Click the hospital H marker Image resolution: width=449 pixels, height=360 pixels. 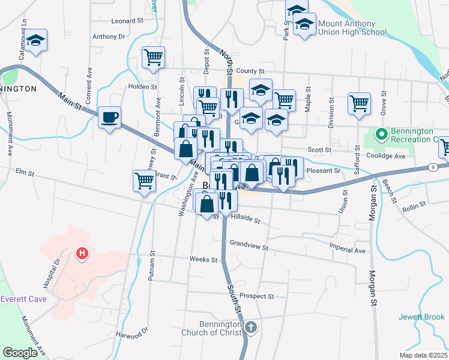pos(82,254)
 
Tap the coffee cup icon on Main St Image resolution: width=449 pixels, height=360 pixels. pos(110,117)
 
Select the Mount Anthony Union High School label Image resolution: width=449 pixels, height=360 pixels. pos(345,28)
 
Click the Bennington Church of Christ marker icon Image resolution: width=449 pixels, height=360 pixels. pos(251,327)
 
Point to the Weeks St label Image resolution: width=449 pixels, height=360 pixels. pos(203,260)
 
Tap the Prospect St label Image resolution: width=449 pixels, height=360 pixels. pos(256,296)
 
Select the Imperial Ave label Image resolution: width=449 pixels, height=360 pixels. pos(347,250)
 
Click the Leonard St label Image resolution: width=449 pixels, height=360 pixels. pos(127,20)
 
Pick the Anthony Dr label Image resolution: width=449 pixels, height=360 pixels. pos(109,37)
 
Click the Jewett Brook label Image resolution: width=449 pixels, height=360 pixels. pos(423,317)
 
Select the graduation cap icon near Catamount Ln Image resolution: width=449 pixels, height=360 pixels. pos(37,40)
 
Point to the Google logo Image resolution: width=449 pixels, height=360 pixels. pos(20,352)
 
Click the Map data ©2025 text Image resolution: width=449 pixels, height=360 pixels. pos(423,355)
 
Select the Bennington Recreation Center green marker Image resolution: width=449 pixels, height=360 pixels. pos(380,133)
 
